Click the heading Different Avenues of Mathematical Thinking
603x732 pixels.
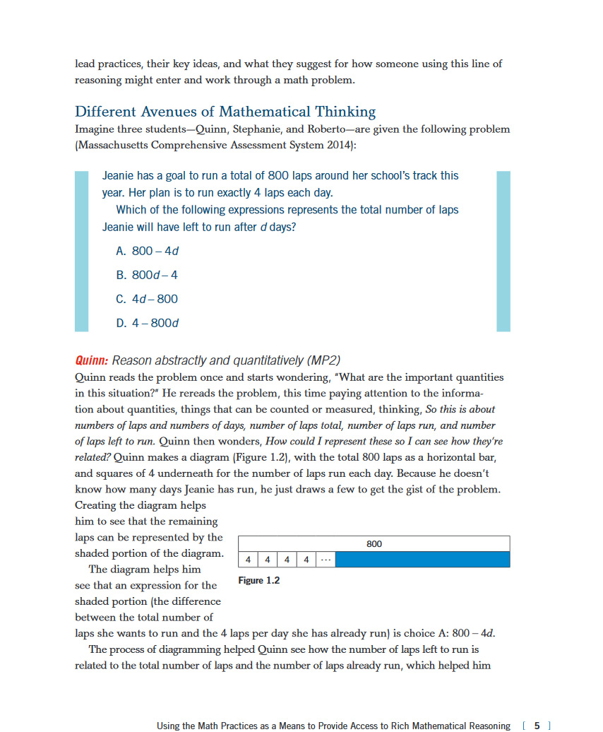tap(225, 112)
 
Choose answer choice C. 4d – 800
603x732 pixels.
tap(145, 299)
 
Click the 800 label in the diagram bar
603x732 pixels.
tap(374, 543)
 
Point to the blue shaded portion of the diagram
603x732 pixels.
tap(422, 560)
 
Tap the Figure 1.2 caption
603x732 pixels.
tap(258, 580)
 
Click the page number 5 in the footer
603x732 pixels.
tap(537, 725)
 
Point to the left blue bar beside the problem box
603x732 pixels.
tap(82, 251)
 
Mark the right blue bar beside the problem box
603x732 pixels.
tap(503, 251)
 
